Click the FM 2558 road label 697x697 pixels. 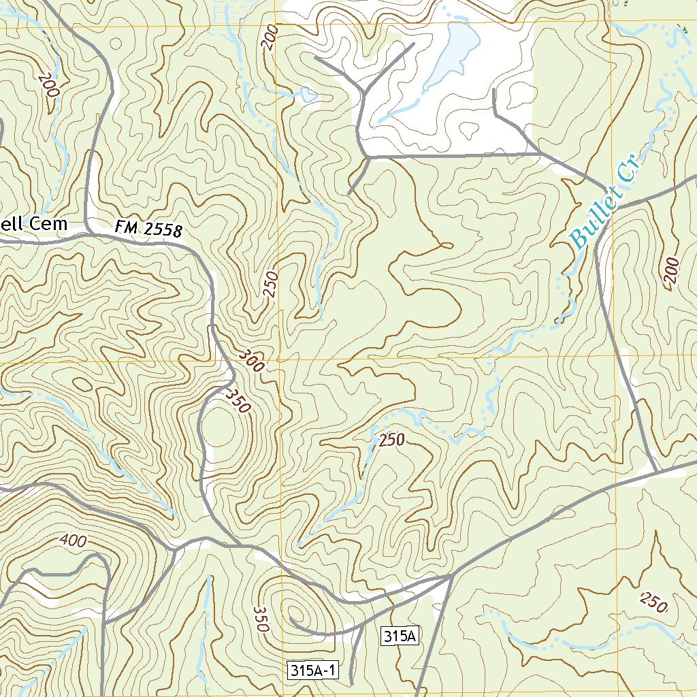pyautogui.click(x=149, y=229)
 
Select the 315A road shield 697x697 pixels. pyautogui.click(x=399, y=636)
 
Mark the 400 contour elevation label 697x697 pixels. pyautogui.click(x=73, y=541)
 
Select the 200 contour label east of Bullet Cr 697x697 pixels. pyautogui.click(x=671, y=274)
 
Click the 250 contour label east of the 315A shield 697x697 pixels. pyautogui.click(x=653, y=602)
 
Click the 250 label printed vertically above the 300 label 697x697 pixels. pyautogui.click(x=271, y=285)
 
